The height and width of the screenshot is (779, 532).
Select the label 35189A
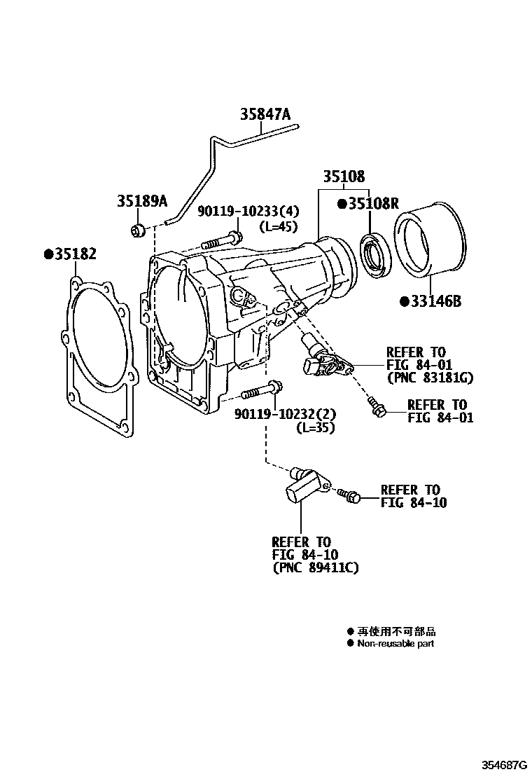(142, 202)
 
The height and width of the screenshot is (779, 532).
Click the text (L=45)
(278, 226)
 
